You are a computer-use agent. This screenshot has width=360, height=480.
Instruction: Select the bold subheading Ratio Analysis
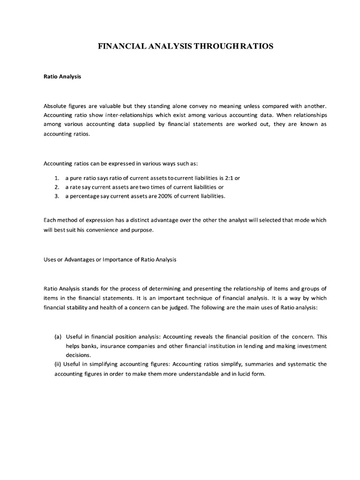coord(62,77)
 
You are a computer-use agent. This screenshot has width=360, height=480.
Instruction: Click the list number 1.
coord(56,179)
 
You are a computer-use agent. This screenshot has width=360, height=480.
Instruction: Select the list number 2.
coord(56,187)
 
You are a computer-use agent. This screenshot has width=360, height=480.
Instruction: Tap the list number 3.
coord(56,196)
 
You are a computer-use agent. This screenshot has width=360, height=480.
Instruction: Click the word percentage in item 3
coord(84,196)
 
